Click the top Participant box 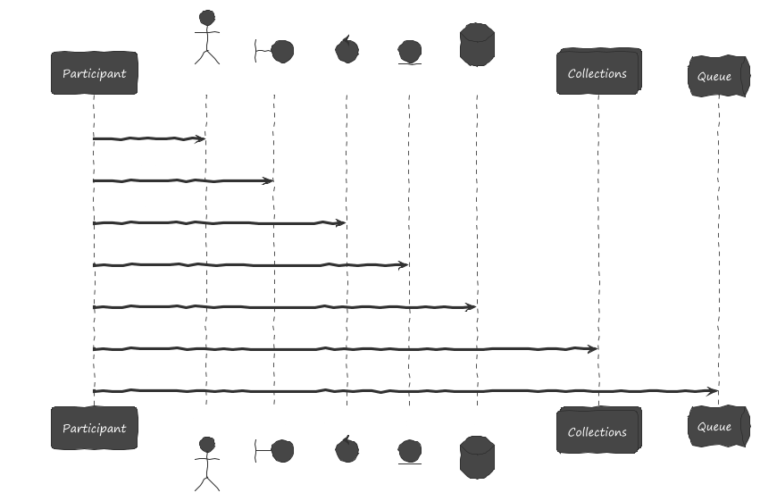(94, 73)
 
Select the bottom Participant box (94, 428)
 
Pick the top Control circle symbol (346, 50)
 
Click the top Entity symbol (409, 52)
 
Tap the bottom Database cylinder (477, 456)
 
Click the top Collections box (597, 73)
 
